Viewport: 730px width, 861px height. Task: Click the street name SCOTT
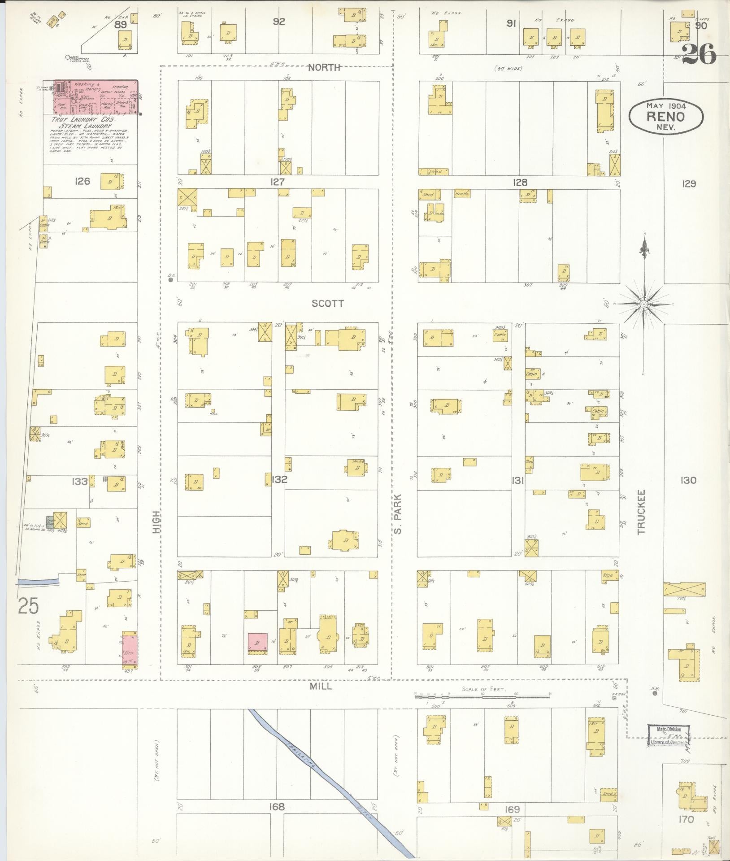tap(328, 304)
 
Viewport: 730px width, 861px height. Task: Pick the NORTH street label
tap(325, 68)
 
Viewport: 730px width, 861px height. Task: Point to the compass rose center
tap(644, 304)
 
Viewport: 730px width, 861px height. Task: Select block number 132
tap(279, 480)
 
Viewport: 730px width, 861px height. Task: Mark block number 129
tap(688, 183)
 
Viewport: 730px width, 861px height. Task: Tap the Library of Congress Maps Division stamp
tap(669, 736)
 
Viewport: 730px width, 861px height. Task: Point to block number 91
tap(510, 23)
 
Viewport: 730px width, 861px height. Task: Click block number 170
tap(686, 820)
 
